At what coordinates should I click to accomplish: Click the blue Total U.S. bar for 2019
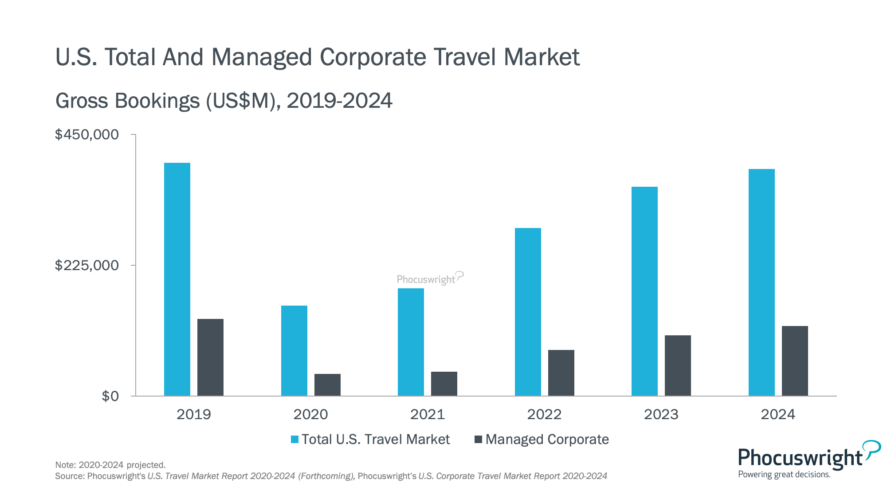177,279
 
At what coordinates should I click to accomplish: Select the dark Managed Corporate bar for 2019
210,357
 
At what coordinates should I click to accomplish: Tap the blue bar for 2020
294,350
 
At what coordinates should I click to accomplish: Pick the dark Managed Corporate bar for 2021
444,384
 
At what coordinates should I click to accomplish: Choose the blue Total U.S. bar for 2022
528,312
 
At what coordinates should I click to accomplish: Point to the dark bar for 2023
678,365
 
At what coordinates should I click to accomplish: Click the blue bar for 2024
762,282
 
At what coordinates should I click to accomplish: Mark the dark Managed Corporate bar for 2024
795,361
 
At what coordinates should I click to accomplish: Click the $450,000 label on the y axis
87,134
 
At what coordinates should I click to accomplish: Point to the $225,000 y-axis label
87,265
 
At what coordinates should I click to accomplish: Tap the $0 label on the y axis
110,396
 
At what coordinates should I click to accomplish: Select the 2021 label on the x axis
428,414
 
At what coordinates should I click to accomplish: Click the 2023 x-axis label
661,414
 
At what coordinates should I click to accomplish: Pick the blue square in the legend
294,440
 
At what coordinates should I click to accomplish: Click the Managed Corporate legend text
547,440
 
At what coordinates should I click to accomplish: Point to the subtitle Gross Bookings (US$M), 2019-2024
224,101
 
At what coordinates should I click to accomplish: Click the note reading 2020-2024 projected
110,465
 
